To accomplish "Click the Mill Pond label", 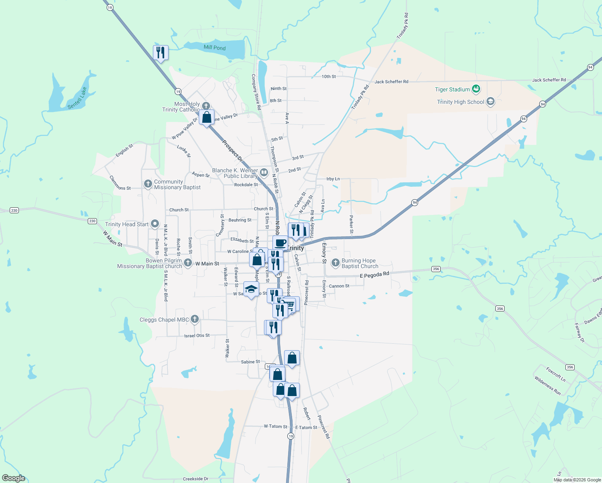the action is pyautogui.click(x=214, y=47).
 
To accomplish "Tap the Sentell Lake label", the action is pyautogui.click(x=77, y=98).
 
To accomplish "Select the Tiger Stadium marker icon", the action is pyautogui.click(x=476, y=89).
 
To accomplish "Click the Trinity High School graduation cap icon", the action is pyautogui.click(x=490, y=101).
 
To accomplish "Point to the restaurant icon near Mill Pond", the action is pyautogui.click(x=161, y=52).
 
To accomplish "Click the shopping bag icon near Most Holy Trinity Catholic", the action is pyautogui.click(x=206, y=117).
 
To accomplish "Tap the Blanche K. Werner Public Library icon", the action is pyautogui.click(x=264, y=173).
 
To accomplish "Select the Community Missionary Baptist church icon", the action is pyautogui.click(x=148, y=184).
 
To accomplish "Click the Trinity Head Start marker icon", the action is pyautogui.click(x=155, y=224).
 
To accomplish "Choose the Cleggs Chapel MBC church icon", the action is pyautogui.click(x=195, y=319).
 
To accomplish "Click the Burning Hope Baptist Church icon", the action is pyautogui.click(x=335, y=263).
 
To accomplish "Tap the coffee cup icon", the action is pyautogui.click(x=280, y=243).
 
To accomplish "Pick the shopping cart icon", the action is pyautogui.click(x=291, y=304).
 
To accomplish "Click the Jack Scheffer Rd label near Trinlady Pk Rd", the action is pyautogui.click(x=391, y=82).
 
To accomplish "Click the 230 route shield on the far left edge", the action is pyautogui.click(x=14, y=211).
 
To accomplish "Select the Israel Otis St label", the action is pyautogui.click(x=197, y=335).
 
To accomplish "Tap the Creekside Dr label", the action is pyautogui.click(x=196, y=479).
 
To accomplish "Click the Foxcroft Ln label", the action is pyautogui.click(x=556, y=374).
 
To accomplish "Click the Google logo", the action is pyautogui.click(x=14, y=478).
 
